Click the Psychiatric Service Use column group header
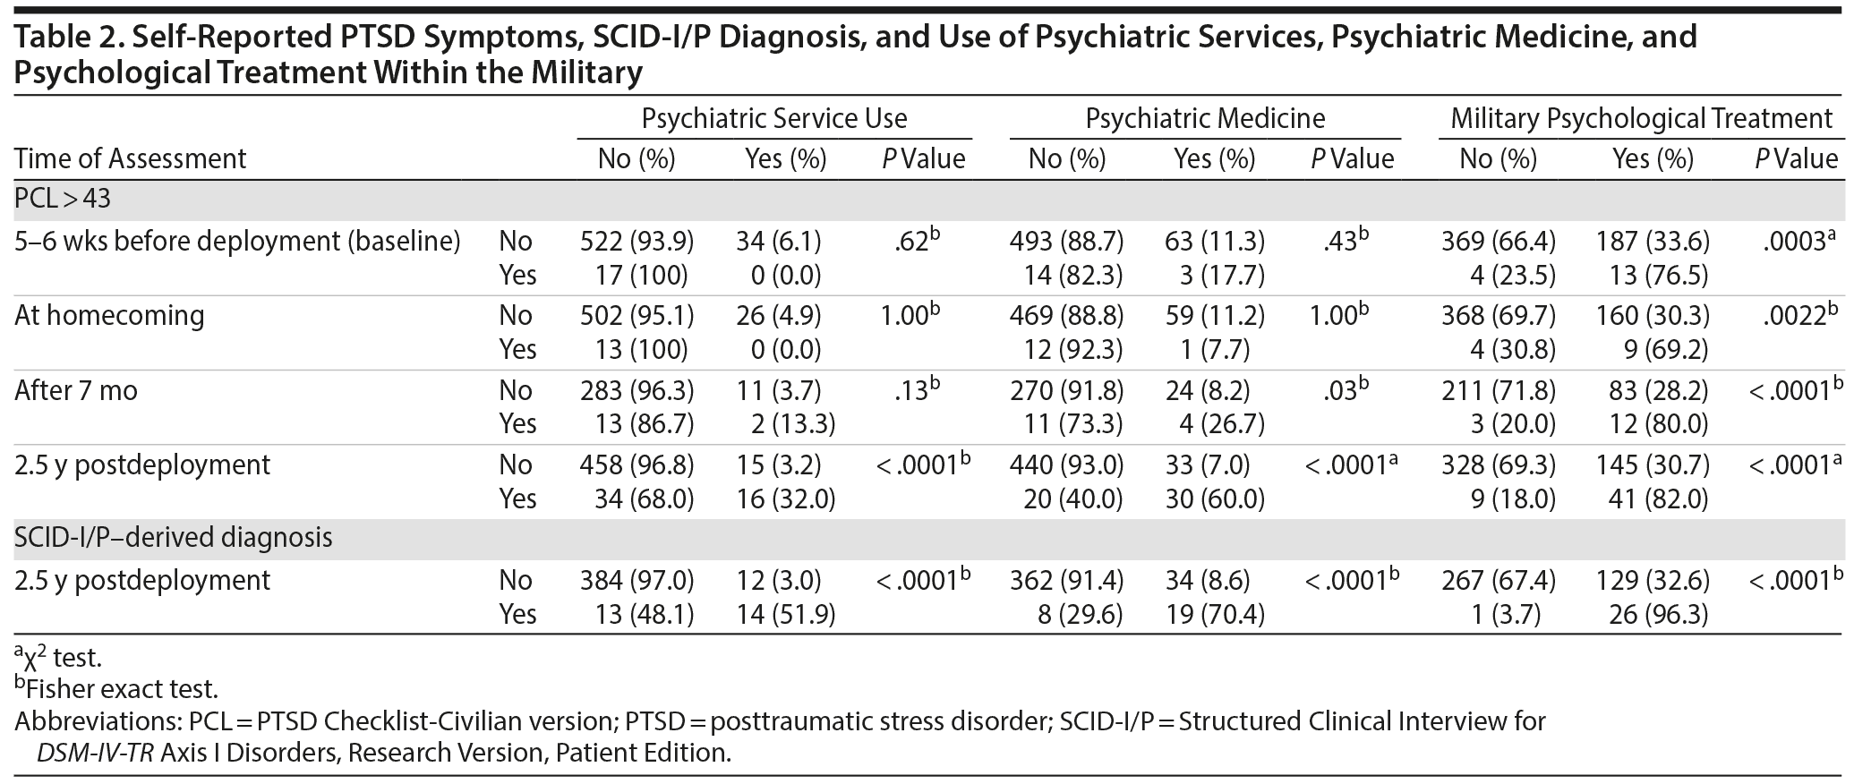pos(774,118)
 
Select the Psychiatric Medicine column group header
pos(1205,118)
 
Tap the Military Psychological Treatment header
pos(1641,118)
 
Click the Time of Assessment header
pos(130,158)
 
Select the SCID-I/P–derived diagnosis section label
pos(174,537)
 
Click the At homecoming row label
pos(109,315)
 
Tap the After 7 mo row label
pos(76,390)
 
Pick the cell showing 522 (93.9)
pos(637,241)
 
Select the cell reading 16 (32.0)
pos(785,499)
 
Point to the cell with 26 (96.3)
pos(1653,614)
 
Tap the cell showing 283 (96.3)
pos(637,390)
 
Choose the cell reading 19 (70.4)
pos(1215,614)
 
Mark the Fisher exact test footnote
pos(116,689)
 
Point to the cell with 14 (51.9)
pos(785,614)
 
